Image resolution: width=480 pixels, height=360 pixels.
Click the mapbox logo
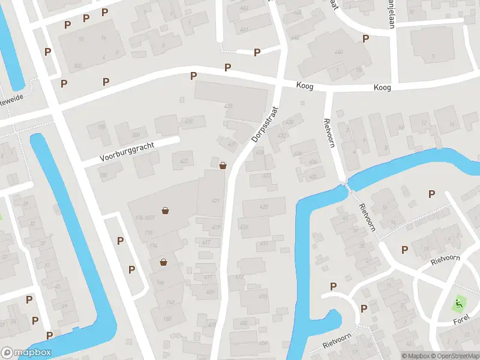26,353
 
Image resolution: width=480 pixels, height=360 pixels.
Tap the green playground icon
459,304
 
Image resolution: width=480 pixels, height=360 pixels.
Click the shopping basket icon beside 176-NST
165,211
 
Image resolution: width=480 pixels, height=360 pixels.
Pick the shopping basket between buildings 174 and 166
163,262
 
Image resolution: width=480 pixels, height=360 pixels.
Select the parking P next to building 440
365,38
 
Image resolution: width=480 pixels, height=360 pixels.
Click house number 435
228,106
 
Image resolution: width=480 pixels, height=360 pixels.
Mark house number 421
215,200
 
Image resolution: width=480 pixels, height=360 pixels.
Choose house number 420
263,207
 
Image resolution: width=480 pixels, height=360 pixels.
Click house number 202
77,66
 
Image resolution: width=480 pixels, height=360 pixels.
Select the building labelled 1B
358,70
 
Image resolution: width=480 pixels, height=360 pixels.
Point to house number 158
101,127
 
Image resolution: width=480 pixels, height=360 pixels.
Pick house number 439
189,122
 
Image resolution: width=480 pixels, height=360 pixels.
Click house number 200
136,136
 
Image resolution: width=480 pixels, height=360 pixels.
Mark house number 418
263,243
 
